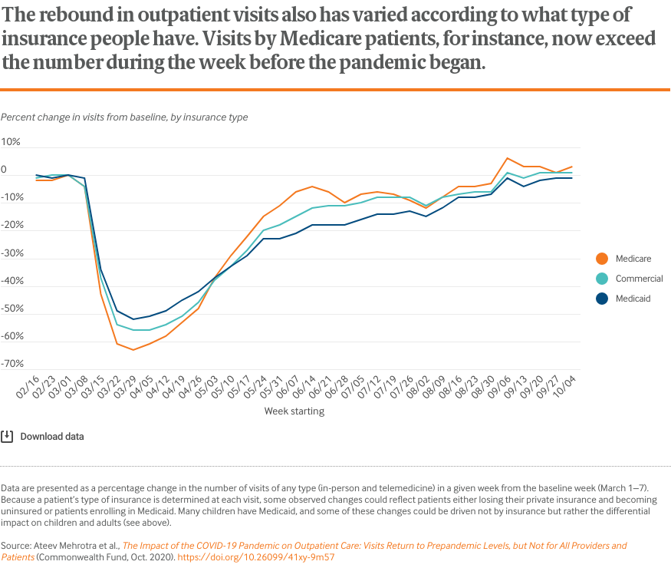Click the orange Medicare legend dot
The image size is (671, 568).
point(602,259)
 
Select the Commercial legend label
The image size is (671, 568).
point(639,279)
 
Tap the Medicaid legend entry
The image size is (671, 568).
point(633,299)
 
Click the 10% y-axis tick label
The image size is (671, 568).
point(12,143)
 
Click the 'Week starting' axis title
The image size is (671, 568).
point(294,411)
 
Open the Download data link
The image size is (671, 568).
point(52,437)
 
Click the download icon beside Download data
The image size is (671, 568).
point(7,437)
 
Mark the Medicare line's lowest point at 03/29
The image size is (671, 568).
point(133,350)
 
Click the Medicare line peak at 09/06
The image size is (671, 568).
point(507,158)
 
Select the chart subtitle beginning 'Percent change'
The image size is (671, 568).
point(124,117)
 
